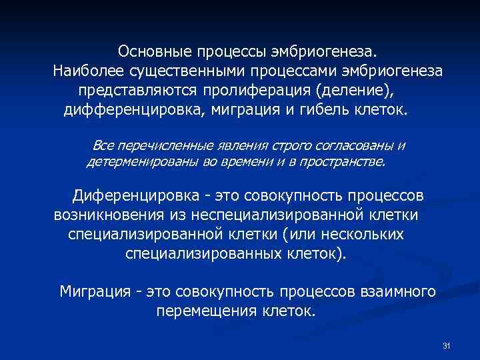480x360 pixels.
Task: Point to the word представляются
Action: [134, 89]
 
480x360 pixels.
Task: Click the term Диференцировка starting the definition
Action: [135, 197]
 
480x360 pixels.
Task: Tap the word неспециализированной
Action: [276, 216]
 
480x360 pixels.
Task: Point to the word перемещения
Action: [198, 310]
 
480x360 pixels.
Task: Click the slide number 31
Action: [447, 345]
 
